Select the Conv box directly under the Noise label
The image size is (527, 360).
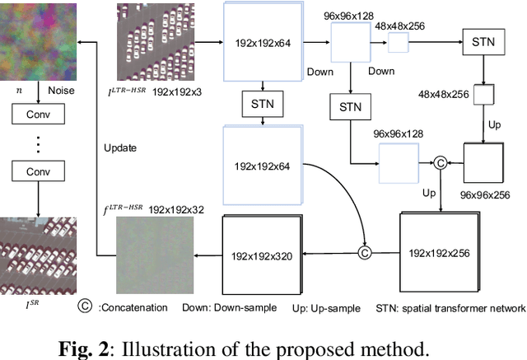39,115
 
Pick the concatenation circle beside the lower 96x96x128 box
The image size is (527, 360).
441,163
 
